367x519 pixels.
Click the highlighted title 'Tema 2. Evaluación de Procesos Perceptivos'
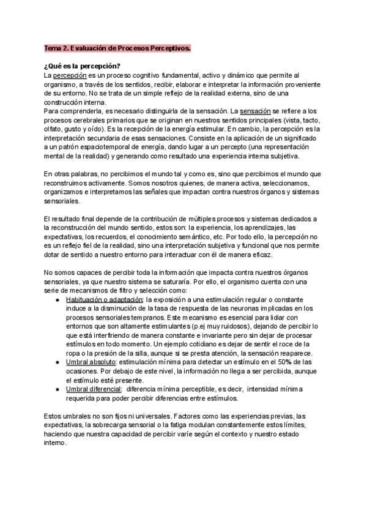(117, 48)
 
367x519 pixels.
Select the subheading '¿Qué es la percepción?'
(83, 65)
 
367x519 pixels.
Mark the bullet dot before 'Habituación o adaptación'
(57, 299)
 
